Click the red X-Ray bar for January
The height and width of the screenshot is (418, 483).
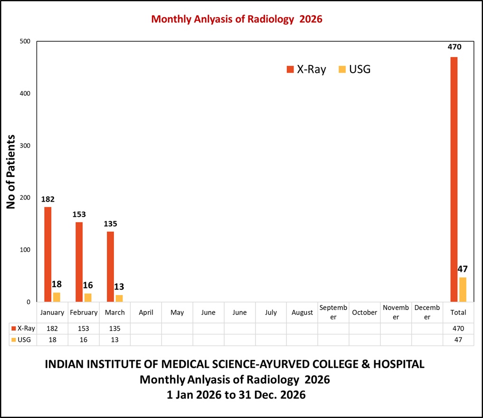[47, 254]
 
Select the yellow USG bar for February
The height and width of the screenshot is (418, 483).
[88, 297]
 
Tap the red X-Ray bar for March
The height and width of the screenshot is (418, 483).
[110, 267]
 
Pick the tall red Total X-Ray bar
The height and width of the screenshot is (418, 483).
[454, 179]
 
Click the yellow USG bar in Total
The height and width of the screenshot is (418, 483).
[463, 289]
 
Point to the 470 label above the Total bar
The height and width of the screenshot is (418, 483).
[454, 47]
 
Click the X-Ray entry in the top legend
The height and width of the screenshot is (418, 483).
[306, 69]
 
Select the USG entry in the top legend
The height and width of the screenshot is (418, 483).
[354, 69]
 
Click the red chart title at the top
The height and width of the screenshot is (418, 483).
[237, 19]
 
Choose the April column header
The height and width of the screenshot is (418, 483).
[146, 313]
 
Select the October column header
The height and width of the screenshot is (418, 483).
[365, 313]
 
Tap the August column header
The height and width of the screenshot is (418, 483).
[303, 313]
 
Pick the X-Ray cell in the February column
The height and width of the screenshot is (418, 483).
[84, 328]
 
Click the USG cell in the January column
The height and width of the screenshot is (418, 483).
[52, 340]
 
